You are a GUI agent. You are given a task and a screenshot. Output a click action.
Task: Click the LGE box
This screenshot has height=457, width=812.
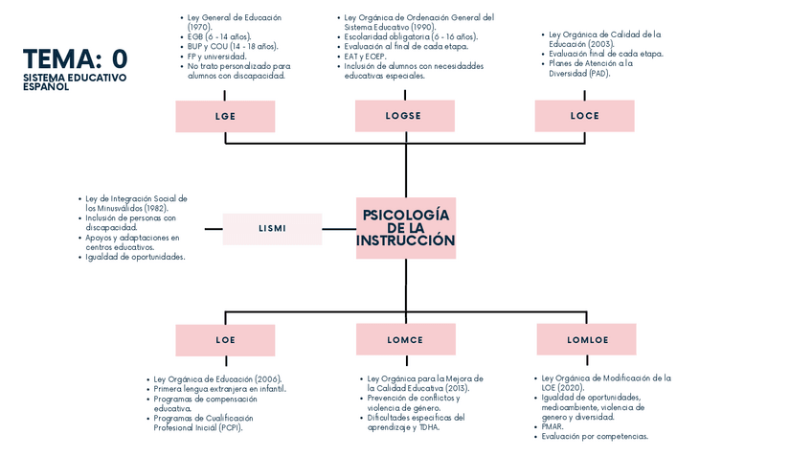tap(225, 116)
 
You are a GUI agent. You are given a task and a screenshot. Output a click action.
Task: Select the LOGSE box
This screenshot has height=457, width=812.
tap(405, 116)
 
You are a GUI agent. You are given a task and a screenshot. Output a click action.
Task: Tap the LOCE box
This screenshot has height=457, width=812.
tap(585, 116)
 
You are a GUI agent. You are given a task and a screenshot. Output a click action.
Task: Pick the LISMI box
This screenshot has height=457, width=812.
tap(272, 229)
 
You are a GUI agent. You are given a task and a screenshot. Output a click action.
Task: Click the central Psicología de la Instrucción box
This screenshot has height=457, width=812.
tap(406, 228)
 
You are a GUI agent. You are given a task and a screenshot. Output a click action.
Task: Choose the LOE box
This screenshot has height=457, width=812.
tap(225, 340)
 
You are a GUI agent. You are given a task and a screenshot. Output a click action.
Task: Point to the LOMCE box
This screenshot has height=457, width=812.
tap(406, 339)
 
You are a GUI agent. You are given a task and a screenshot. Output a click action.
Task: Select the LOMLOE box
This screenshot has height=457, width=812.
tap(587, 339)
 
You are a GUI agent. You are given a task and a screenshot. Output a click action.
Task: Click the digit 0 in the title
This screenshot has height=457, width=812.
tap(120, 59)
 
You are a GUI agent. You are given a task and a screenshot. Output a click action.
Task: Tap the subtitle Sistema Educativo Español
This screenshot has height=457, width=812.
tap(75, 81)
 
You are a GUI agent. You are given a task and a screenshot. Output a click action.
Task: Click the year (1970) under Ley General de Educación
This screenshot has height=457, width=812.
tap(200, 28)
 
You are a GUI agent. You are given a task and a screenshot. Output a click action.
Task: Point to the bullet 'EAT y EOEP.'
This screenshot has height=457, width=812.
tap(365, 57)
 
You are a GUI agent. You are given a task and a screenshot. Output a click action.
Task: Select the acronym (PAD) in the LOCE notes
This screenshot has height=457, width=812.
tap(599, 74)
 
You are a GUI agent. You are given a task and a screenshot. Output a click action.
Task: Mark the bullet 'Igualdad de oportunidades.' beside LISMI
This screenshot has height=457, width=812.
tap(135, 257)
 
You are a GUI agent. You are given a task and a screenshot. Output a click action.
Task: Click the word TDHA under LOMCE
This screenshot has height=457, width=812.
tap(429, 427)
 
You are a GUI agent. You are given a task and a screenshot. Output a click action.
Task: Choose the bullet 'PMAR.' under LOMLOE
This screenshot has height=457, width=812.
tap(553, 427)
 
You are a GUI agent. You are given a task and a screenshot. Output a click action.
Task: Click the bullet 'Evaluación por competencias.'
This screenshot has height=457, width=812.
tap(595, 437)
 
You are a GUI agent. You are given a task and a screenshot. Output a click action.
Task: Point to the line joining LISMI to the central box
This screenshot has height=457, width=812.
tap(339, 229)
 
